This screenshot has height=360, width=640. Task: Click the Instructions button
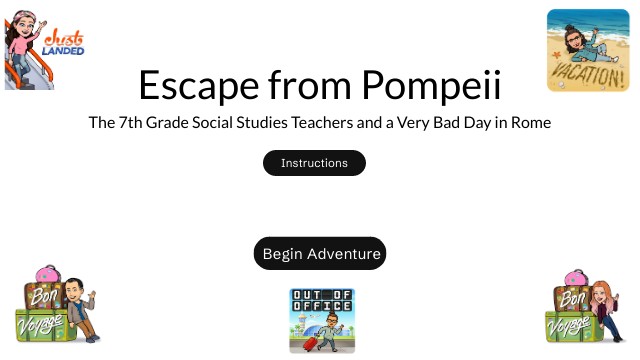[x=314, y=163]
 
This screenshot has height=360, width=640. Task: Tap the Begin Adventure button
[x=320, y=254]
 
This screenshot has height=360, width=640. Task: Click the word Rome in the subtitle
[x=529, y=124]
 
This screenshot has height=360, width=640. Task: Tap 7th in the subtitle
[x=132, y=124]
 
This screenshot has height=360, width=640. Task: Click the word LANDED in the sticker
[x=64, y=49]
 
